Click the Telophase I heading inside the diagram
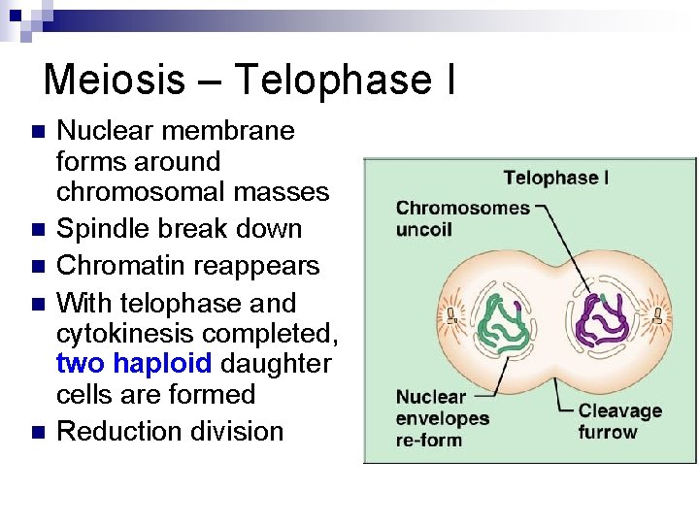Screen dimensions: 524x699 [556, 178]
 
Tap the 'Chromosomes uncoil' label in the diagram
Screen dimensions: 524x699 [463, 218]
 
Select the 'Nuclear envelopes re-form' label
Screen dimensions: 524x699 [442, 418]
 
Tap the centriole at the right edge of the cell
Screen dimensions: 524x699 [659, 314]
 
